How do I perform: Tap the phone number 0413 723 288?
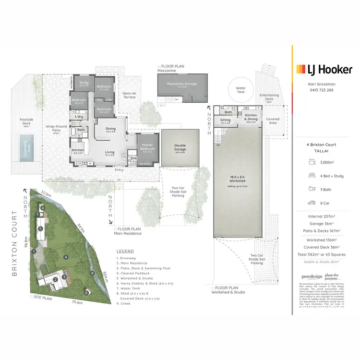[321, 90]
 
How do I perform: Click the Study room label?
[84, 84]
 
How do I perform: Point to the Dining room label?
[110, 129]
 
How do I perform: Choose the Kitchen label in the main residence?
[78, 151]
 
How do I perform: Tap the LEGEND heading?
[125, 251]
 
